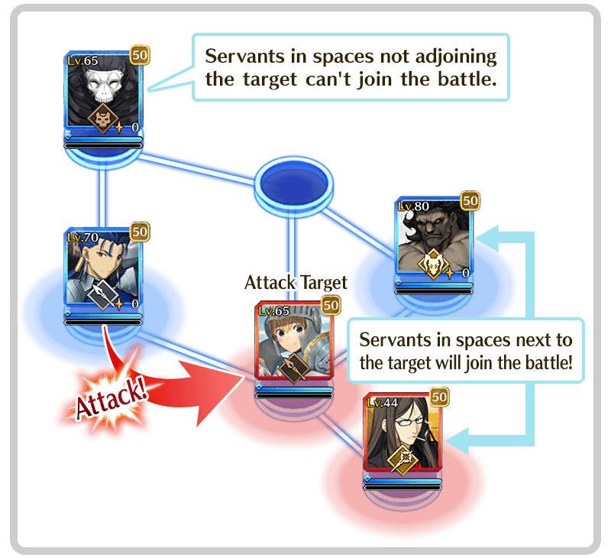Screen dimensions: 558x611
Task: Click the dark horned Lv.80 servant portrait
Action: click(x=434, y=241)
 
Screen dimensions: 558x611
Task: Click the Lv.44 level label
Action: click(x=381, y=403)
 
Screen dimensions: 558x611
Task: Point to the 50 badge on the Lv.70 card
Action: click(x=139, y=230)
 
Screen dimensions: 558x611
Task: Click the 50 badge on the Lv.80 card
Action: click(x=470, y=200)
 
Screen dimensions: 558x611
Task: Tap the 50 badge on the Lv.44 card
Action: click(x=439, y=397)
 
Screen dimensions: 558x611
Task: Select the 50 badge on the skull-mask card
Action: click(x=139, y=54)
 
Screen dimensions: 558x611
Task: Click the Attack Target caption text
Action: click(x=296, y=283)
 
